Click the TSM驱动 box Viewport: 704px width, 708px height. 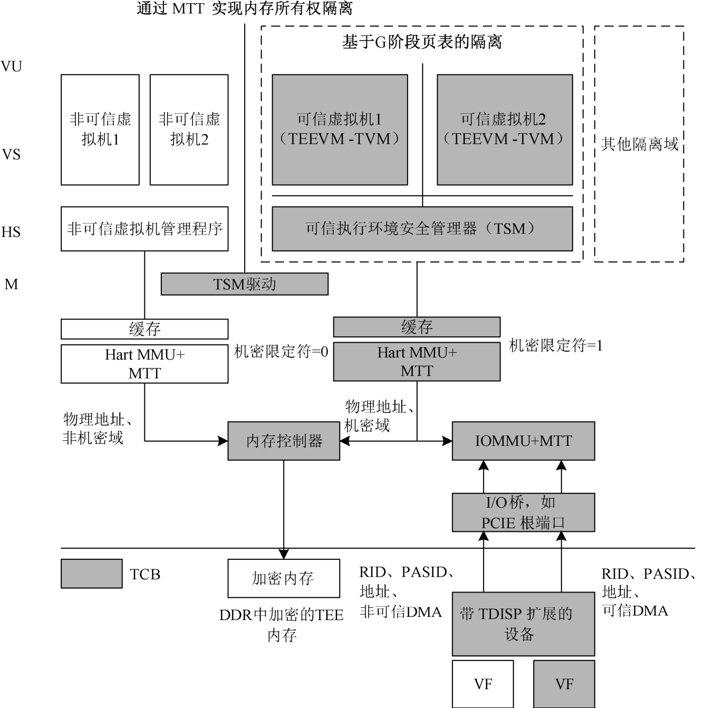tap(244, 284)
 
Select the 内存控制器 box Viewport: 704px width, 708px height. tap(284, 441)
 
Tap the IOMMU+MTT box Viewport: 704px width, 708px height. tap(523, 441)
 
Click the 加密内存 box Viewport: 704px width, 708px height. tap(284, 578)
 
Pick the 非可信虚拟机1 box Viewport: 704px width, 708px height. tap(100, 130)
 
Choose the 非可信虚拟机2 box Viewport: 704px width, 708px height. tap(189, 130)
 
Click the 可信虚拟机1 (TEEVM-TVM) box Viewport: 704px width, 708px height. tap(340, 130)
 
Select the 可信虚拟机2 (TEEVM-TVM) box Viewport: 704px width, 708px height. tap(505, 130)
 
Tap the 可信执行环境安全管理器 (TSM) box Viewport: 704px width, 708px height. tap(422, 228)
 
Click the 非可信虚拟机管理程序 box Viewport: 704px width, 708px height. tap(144, 228)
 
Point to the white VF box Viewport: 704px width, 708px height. tap(483, 684)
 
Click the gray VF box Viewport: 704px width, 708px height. tap(564, 684)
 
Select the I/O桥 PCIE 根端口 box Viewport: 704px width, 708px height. tap(523, 512)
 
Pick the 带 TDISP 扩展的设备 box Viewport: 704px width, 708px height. tap(523, 624)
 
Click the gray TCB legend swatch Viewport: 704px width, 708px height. tap(91, 574)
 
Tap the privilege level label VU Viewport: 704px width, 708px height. tap(12, 66)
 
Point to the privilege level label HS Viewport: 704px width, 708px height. tap(11, 232)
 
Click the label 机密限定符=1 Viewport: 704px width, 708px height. tap(555, 346)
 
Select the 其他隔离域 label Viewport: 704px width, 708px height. tap(639, 144)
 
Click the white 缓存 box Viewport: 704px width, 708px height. tap(144, 329)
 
